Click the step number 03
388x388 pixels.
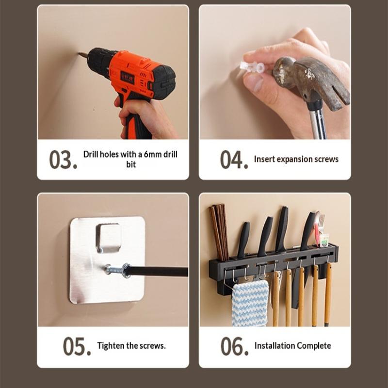[x=63, y=160]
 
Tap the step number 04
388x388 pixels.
[x=234, y=160]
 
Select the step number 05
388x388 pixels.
[x=77, y=346]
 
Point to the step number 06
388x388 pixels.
[x=234, y=346]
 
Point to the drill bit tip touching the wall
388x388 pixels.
[x=79, y=53]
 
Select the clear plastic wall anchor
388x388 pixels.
[x=252, y=67]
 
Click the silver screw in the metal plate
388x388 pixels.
[x=114, y=269]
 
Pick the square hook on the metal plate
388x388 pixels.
[x=108, y=238]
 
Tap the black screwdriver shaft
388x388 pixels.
[x=157, y=272]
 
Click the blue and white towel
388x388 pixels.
[x=250, y=303]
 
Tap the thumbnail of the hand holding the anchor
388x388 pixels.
[x=254, y=82]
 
